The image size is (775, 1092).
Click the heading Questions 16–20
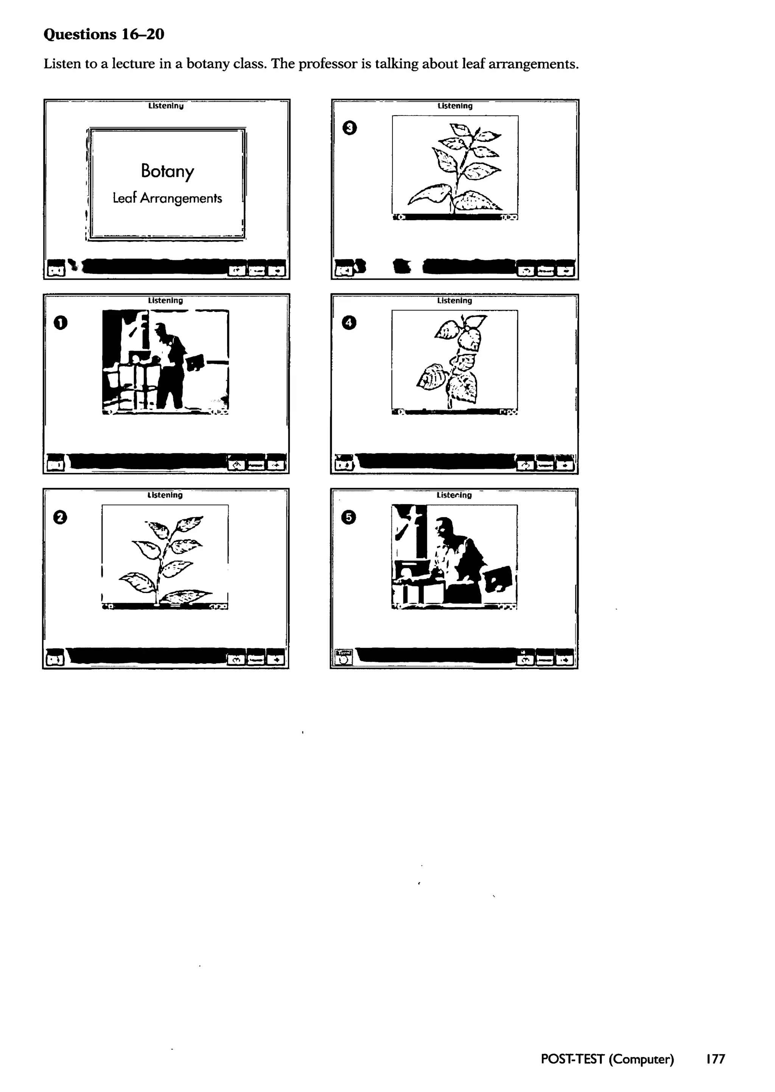tap(104, 34)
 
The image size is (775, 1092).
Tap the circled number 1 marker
tap(61, 323)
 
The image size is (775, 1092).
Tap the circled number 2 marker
tap(60, 517)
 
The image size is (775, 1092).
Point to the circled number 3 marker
tap(350, 128)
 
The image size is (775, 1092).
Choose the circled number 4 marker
tap(349, 323)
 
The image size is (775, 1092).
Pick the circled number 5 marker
tap(349, 517)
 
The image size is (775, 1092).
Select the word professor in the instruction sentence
tap(328, 64)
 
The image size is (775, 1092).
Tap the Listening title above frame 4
tap(454, 300)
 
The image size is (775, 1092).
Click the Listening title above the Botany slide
tap(166, 106)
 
